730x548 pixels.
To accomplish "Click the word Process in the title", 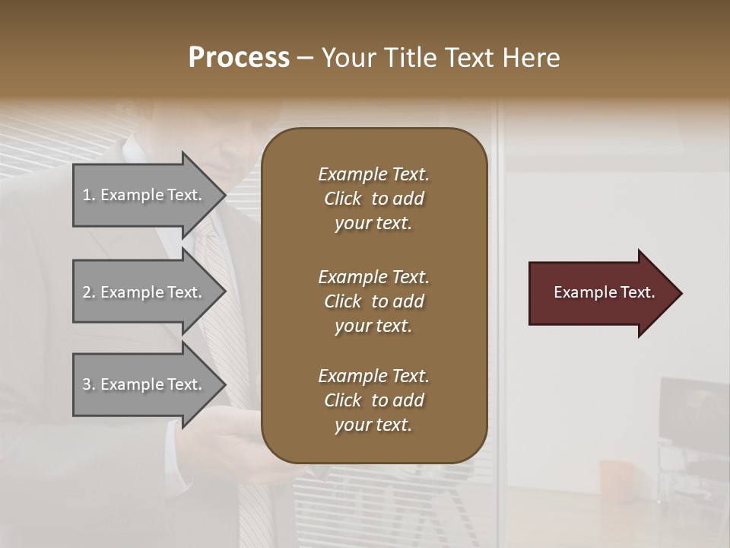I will pos(239,58).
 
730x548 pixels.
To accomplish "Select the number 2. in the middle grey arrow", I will pos(89,292).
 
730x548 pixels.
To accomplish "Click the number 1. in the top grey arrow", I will pos(89,195).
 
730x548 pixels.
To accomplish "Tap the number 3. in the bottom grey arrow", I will pos(89,384).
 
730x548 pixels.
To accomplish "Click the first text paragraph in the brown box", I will pos(373,199).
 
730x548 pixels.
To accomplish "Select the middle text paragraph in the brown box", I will pos(373,301).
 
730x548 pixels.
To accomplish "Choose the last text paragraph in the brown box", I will pos(373,400).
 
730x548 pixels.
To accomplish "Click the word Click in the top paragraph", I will pos(342,199).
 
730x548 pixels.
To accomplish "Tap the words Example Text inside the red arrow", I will pos(604,292).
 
